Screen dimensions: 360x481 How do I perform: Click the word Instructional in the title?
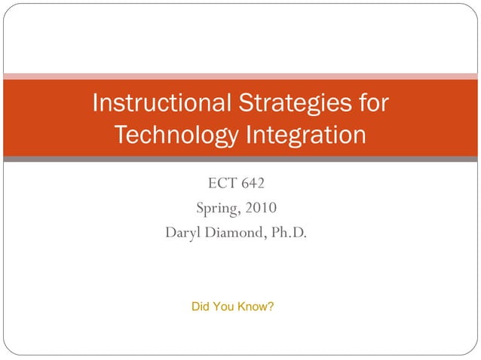154,103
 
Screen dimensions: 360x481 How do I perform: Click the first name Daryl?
182,233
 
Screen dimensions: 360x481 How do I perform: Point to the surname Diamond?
235,233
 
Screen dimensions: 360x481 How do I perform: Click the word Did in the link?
201,307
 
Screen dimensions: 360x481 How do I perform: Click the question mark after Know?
271,307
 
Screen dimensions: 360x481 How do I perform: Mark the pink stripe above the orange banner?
240,76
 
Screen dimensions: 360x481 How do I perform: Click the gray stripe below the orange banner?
240,160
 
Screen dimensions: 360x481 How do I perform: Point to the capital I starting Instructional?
95,103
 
